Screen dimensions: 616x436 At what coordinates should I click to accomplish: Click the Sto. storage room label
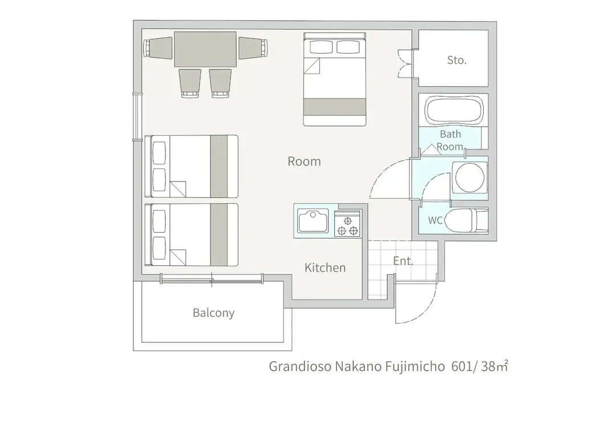456,60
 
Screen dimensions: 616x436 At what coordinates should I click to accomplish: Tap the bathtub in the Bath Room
454,110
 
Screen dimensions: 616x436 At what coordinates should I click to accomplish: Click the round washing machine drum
469,177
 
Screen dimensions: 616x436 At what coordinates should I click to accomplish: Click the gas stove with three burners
347,224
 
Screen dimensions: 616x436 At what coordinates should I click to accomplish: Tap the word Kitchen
325,268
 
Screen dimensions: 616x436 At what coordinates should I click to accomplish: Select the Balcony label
213,313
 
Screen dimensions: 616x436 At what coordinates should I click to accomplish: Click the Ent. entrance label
403,261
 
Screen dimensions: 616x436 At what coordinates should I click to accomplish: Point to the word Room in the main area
304,161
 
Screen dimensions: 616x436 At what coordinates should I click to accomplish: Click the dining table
205,49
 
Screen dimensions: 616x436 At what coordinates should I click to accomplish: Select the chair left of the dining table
158,48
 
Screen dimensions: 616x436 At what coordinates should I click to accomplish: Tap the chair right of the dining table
253,48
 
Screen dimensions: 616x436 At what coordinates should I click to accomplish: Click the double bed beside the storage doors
335,79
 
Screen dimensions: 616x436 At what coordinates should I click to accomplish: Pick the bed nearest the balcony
191,235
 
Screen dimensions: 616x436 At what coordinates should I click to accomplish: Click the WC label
435,220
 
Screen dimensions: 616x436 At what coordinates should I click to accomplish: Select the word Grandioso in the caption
300,366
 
